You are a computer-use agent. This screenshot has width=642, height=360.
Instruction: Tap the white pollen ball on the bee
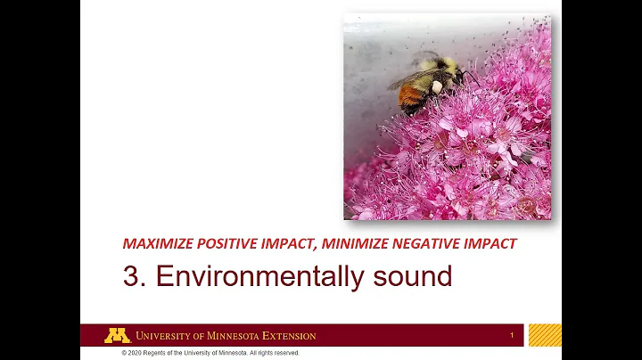click(437, 86)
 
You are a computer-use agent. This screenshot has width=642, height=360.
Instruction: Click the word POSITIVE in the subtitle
click(229, 243)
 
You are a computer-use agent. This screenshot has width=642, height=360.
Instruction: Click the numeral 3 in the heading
click(131, 276)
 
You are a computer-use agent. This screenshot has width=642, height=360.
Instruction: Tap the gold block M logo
click(117, 336)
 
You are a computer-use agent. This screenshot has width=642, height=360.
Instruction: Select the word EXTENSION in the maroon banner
click(288, 336)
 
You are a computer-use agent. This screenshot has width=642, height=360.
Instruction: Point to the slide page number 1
click(512, 336)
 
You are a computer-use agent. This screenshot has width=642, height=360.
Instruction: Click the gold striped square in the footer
click(545, 336)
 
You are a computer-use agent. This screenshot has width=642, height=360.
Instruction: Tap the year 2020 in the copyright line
click(137, 353)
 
